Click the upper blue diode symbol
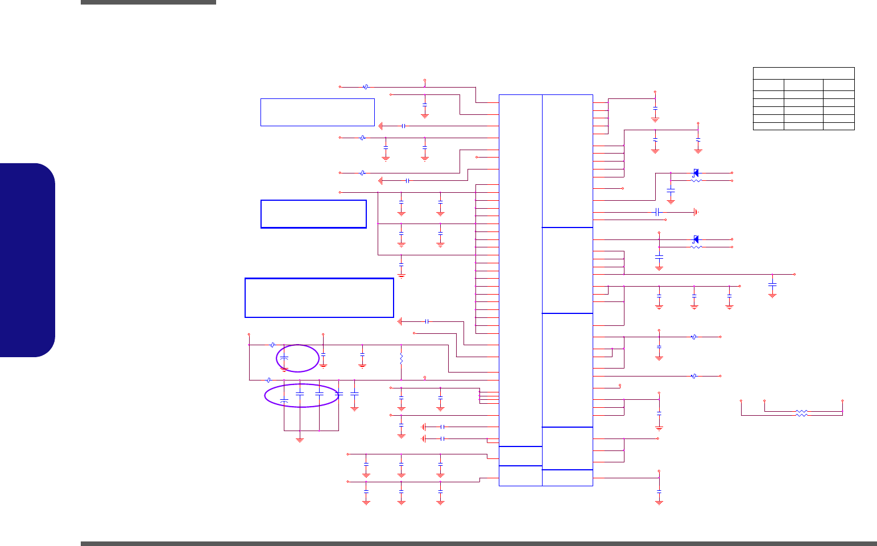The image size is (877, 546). (x=696, y=173)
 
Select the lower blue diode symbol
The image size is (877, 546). (x=696, y=239)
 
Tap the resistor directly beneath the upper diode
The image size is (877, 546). (x=696, y=181)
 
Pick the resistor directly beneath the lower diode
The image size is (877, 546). (x=696, y=247)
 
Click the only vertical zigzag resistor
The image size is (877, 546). (x=402, y=359)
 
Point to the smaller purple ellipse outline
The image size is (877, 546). (x=297, y=358)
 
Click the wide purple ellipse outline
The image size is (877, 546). (x=301, y=395)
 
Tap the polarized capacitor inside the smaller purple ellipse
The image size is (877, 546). (x=284, y=359)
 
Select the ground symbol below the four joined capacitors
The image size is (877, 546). (x=300, y=439)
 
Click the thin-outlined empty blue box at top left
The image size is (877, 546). (x=317, y=112)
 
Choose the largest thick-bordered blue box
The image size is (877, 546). (x=319, y=297)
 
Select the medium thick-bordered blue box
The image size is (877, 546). (x=313, y=214)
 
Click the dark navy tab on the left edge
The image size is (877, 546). (x=27, y=260)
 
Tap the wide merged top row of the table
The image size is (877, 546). (x=804, y=73)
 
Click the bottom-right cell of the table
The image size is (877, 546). (x=838, y=126)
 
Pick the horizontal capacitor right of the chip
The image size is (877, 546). (x=657, y=212)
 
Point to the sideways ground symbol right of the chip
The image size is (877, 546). (x=696, y=212)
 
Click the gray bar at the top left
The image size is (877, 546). (x=148, y=2)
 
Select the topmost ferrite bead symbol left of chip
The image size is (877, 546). (x=366, y=87)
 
